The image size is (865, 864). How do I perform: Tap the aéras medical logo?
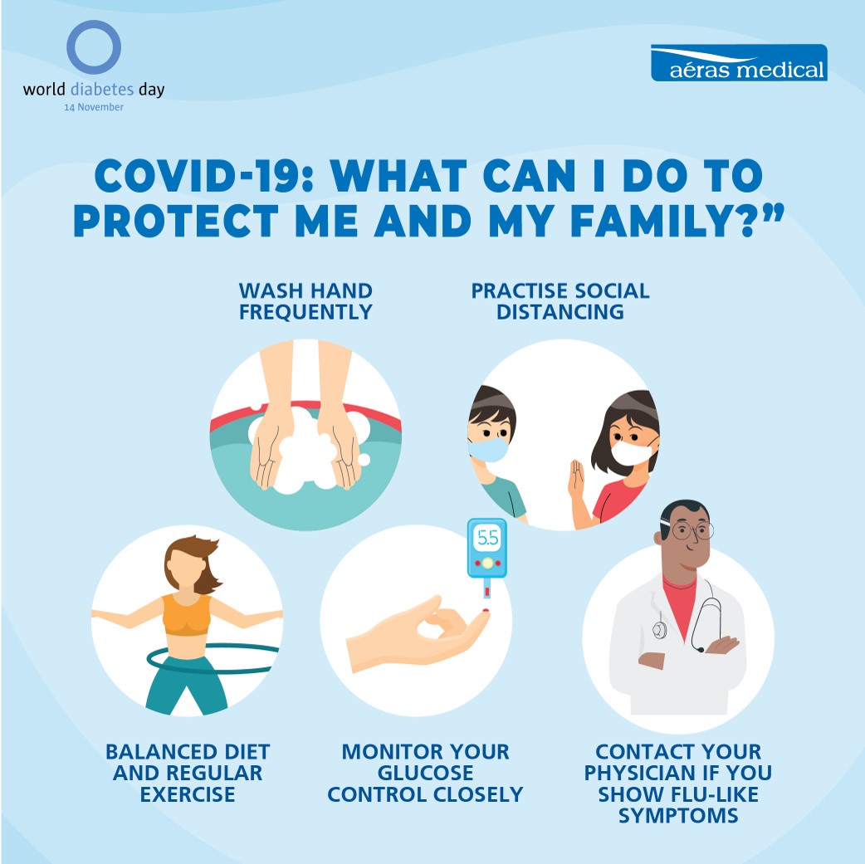[x=739, y=63]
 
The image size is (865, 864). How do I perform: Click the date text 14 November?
[x=94, y=107]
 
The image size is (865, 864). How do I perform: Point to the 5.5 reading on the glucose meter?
[x=487, y=537]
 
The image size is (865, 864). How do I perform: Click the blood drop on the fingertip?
[x=486, y=611]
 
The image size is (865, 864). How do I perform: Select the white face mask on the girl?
[x=632, y=452]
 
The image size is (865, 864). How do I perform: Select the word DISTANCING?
[x=560, y=312]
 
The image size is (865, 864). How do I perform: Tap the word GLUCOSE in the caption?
[x=425, y=773]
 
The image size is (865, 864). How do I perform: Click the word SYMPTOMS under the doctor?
[x=678, y=816]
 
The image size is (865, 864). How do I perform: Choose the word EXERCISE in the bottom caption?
[x=188, y=794]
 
